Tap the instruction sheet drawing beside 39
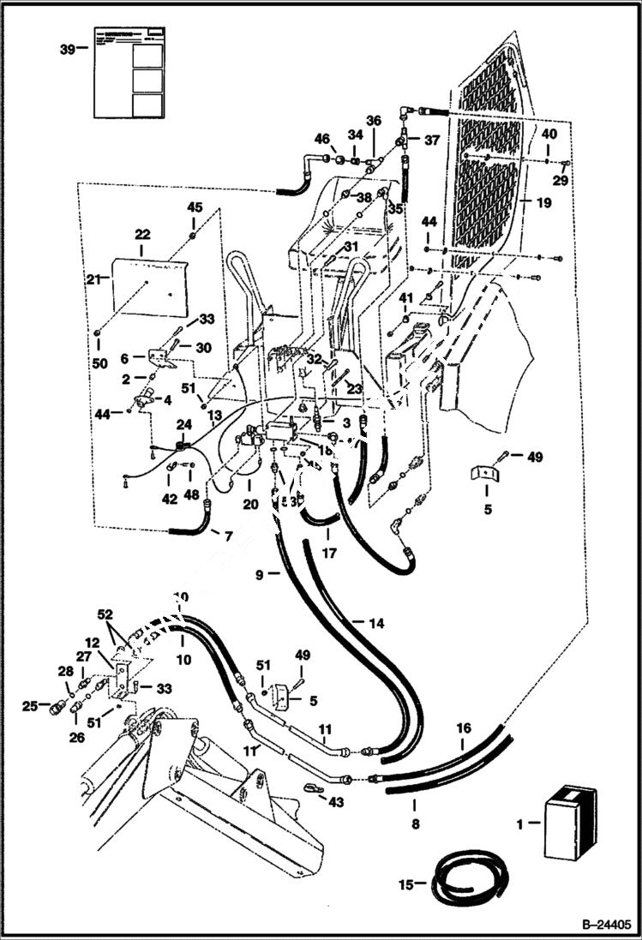[128, 69]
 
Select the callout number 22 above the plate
[142, 234]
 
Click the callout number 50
[99, 363]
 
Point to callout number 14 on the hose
[376, 624]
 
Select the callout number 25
[28, 706]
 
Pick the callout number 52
[105, 615]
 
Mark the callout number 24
[184, 424]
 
